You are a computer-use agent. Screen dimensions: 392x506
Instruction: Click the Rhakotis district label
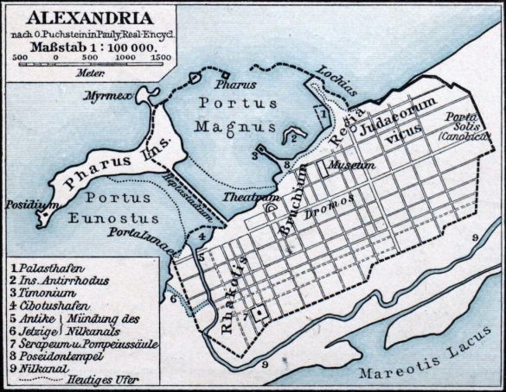point(228,285)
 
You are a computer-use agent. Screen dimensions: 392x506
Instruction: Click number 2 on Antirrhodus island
point(293,137)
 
